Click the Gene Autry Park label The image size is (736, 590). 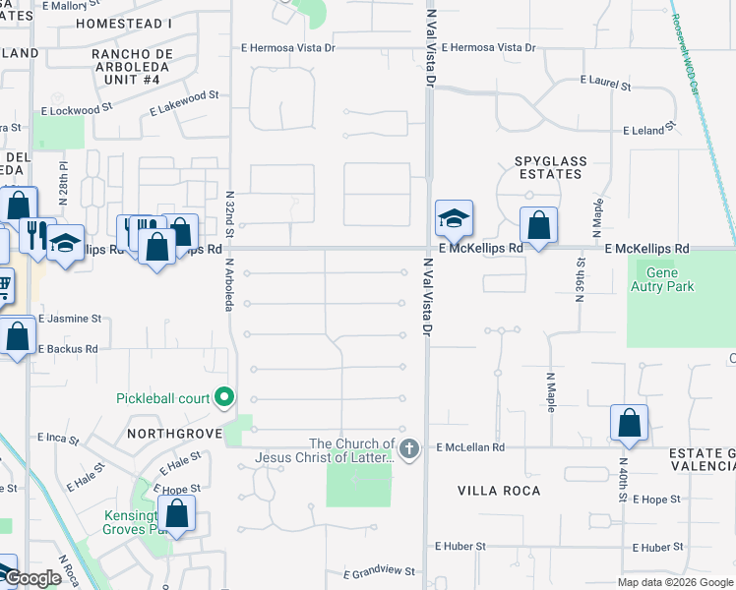[x=670, y=279]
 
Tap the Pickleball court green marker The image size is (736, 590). [x=225, y=397]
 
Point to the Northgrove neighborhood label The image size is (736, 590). [x=168, y=433]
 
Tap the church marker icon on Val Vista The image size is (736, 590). [x=410, y=449]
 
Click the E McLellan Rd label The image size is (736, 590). [x=470, y=447]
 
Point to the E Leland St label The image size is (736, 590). [x=650, y=129]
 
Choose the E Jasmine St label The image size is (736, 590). [x=70, y=319]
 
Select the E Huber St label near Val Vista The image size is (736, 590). [x=460, y=547]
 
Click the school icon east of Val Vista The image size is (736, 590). [x=455, y=218]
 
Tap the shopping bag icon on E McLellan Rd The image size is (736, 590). [x=630, y=423]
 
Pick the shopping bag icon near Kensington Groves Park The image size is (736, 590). [x=177, y=513]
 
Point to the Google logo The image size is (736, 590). [x=32, y=579]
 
